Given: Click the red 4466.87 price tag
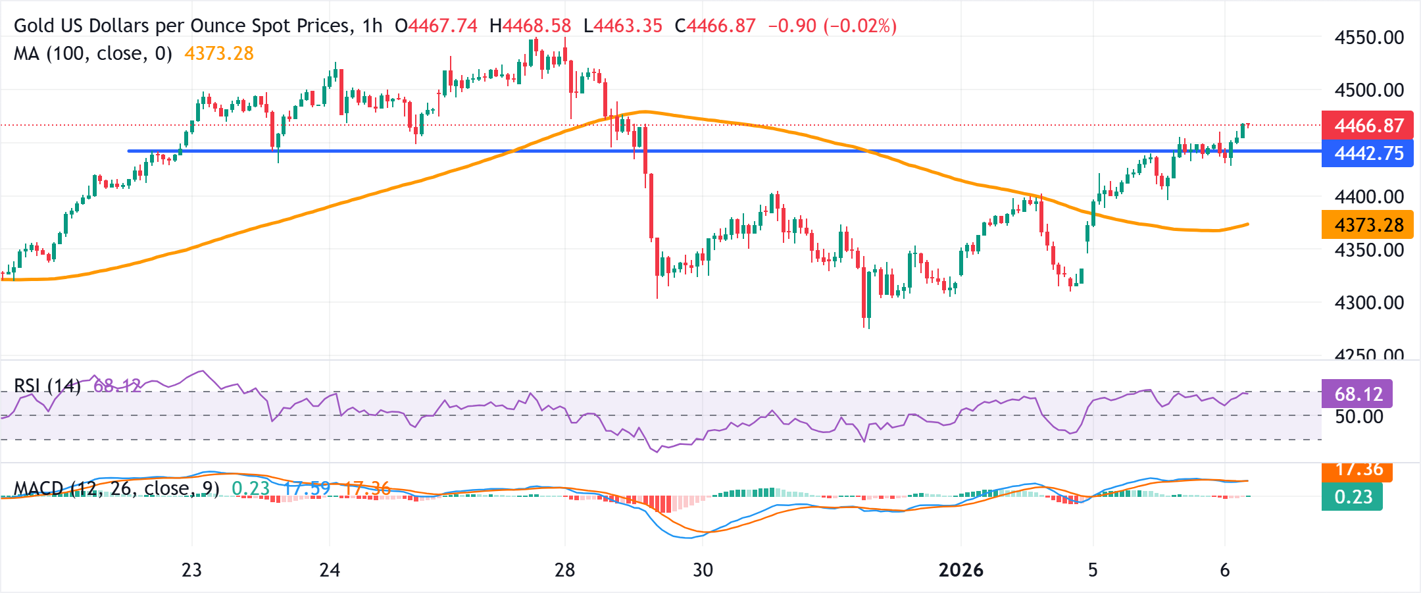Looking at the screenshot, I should click(x=1368, y=125).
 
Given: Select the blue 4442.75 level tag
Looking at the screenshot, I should click(x=1368, y=153).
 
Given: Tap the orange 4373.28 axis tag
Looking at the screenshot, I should click(x=1368, y=225).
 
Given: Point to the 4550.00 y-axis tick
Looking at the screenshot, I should click(x=1369, y=38).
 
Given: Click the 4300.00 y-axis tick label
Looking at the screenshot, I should click(x=1369, y=303).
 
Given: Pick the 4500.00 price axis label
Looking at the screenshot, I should click(x=1369, y=90).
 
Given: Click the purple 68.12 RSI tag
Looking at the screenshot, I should click(x=1357, y=394).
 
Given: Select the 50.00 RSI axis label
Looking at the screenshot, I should click(x=1359, y=417).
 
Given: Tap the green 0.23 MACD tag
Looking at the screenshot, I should click(x=1353, y=497).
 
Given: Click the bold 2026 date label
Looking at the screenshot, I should click(x=960, y=570).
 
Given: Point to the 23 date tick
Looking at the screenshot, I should click(x=191, y=570).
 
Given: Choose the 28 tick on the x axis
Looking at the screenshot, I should click(x=564, y=570).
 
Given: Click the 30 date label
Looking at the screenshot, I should click(x=703, y=570).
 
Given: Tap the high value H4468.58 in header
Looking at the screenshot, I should click(x=530, y=26).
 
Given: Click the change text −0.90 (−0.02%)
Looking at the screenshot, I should click(x=832, y=26).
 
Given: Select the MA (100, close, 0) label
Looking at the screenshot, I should click(x=93, y=53).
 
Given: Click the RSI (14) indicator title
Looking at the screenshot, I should click(x=47, y=386).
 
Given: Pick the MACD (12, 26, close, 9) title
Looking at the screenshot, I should click(x=116, y=488).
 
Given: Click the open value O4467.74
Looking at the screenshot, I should click(x=436, y=26).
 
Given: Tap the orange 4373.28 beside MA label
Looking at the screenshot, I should click(x=219, y=53).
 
